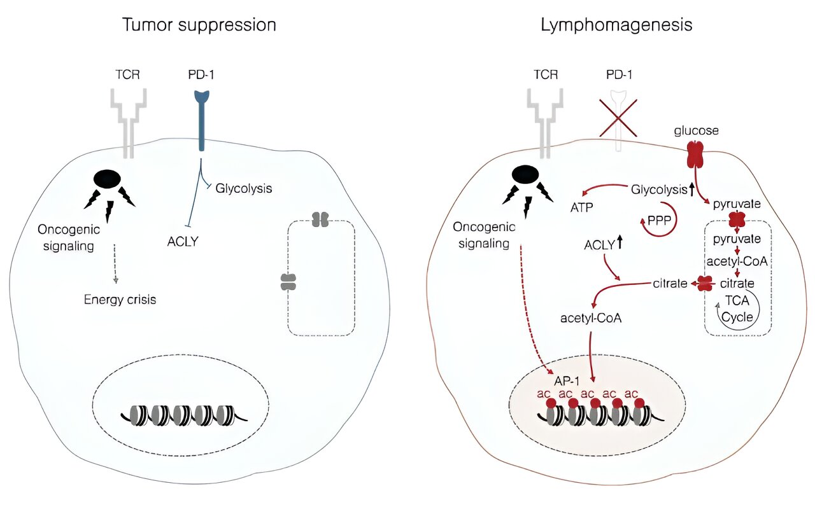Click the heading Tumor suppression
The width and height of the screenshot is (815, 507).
click(199, 25)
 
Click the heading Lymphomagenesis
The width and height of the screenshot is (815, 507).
click(616, 25)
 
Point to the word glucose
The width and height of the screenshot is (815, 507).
click(696, 131)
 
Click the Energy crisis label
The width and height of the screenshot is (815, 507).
click(120, 299)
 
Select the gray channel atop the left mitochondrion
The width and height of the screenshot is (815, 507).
click(320, 219)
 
